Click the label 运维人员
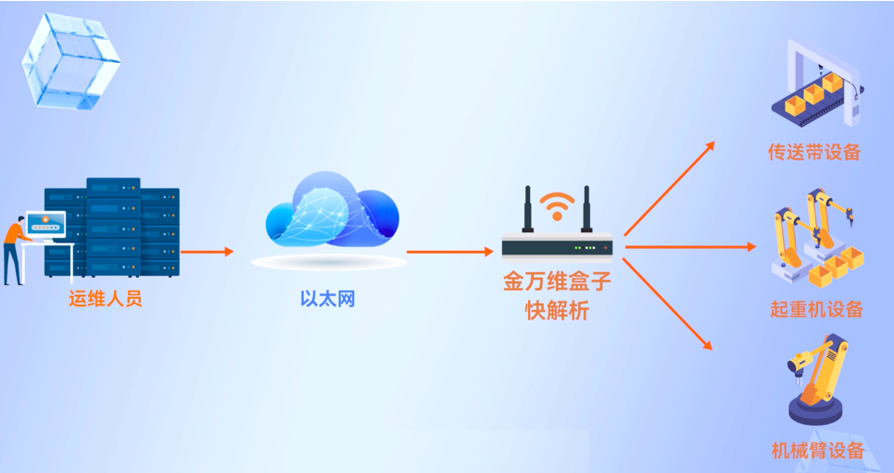[x=105, y=299]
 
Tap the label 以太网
[x=328, y=299]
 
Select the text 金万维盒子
[x=558, y=281]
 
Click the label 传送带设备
[x=814, y=152]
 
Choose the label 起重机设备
[x=816, y=309]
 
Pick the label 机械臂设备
[x=817, y=451]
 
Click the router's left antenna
[x=527, y=210]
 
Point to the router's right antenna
[x=586, y=210]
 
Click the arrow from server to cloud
[x=207, y=251]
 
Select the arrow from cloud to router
[x=449, y=251]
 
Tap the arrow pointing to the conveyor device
[x=669, y=189]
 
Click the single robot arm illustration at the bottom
[x=817, y=380]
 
